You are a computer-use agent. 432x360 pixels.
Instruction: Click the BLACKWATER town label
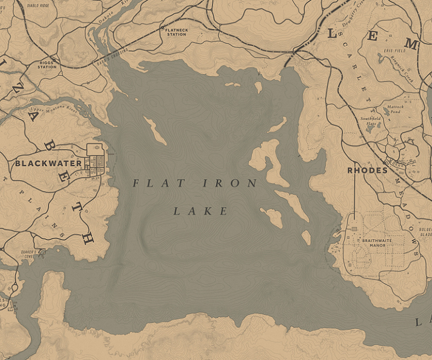click(48, 163)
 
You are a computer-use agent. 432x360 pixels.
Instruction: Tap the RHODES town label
click(367, 171)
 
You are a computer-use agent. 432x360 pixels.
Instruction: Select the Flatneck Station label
click(176, 33)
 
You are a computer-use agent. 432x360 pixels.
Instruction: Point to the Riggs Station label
click(47, 65)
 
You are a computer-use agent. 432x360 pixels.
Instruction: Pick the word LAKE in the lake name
click(201, 212)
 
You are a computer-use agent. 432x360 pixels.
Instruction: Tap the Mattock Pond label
click(395, 108)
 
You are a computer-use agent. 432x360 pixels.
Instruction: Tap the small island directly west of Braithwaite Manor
click(306, 237)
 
